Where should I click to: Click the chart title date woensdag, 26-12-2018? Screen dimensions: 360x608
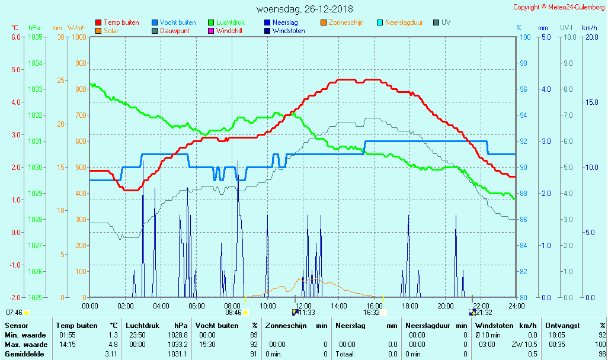point(305,9)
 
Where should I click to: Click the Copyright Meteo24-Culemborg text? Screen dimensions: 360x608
point(559,7)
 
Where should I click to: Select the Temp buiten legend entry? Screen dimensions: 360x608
point(121,22)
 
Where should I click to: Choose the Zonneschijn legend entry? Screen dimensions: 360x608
point(347,22)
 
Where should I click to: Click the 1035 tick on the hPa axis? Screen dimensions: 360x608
point(35,37)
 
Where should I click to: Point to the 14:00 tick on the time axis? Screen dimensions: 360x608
point(338,306)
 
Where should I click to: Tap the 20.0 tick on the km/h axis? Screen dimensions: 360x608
point(590,37)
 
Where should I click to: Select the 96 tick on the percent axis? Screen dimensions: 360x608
point(524,89)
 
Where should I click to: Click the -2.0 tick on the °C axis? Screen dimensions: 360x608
point(15,297)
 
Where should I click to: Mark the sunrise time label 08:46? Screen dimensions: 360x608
point(233,313)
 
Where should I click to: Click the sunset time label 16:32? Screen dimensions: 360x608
point(372,313)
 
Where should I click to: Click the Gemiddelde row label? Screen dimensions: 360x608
point(25,354)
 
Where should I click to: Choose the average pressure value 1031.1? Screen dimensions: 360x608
point(178,354)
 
